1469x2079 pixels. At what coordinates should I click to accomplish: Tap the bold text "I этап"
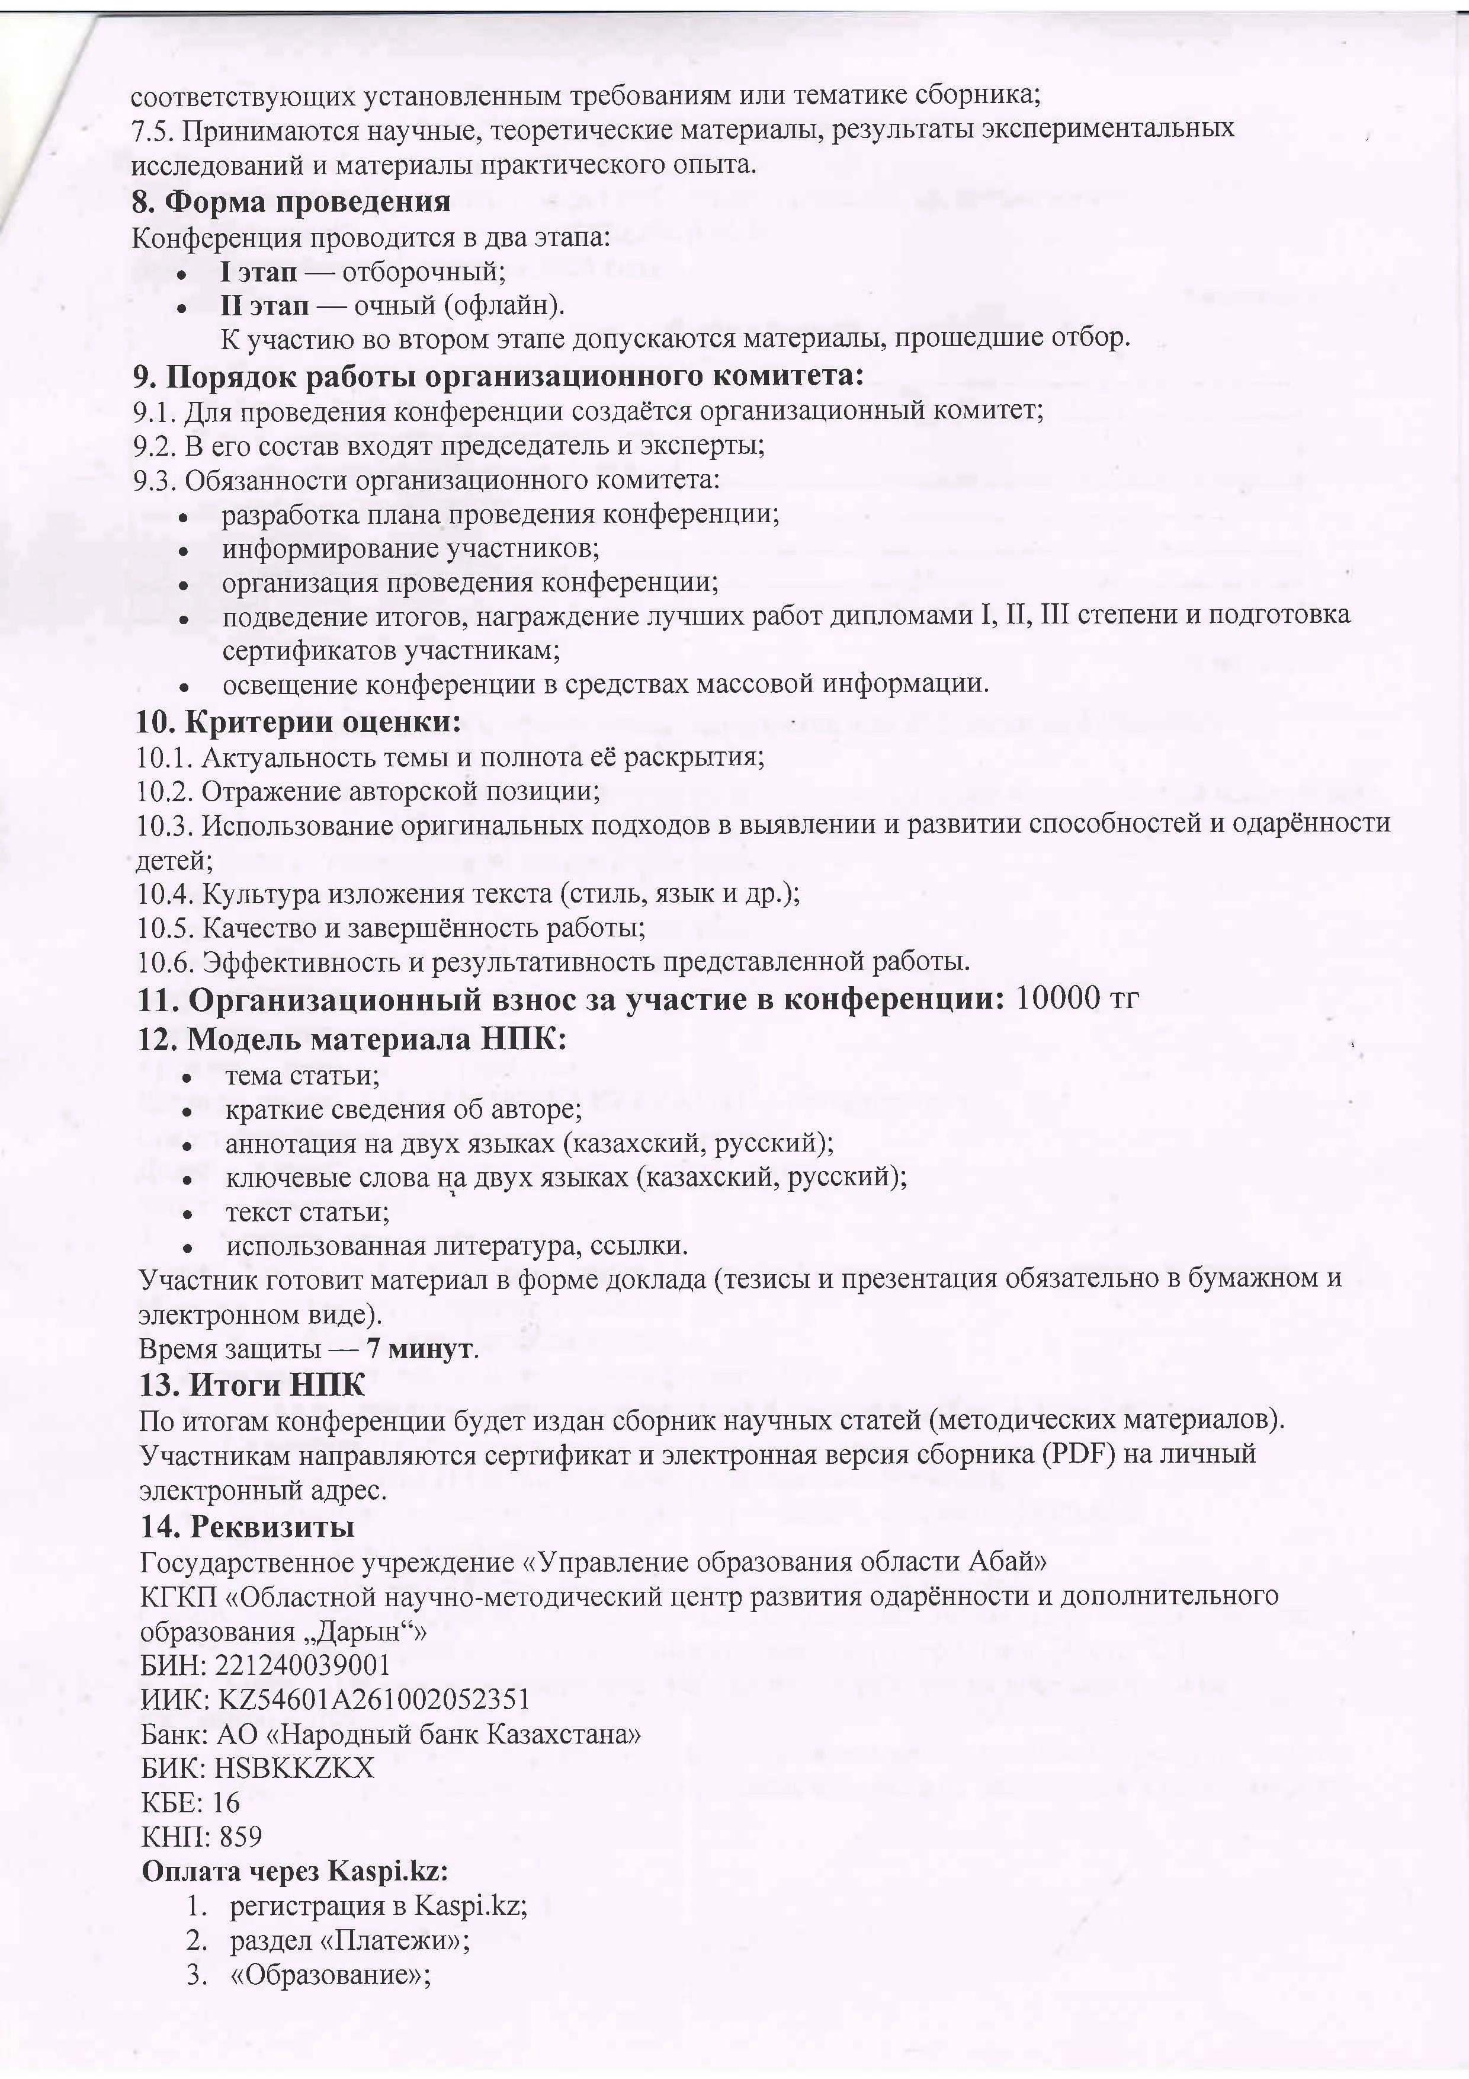[x=258, y=271]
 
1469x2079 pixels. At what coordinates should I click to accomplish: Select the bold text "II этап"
[x=264, y=306]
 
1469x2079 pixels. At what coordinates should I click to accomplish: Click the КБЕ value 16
[x=225, y=1803]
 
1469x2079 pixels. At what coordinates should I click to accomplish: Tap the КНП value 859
[x=240, y=1837]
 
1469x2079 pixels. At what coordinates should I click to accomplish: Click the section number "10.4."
[x=166, y=895]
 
